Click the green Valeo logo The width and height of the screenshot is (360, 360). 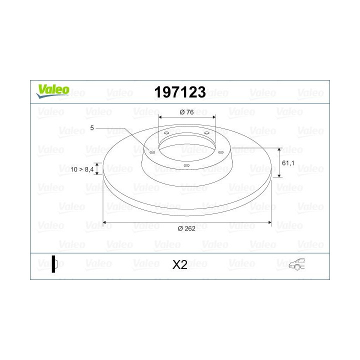(51, 90)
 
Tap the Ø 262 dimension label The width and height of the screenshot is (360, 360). (186, 228)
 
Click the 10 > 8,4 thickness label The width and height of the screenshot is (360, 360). (82, 170)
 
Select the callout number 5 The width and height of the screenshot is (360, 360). (92, 128)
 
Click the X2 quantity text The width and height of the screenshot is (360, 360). (179, 265)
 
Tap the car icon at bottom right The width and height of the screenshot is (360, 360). (295, 265)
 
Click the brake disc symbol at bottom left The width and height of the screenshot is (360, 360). (54, 264)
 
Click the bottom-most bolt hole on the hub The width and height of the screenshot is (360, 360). (185, 165)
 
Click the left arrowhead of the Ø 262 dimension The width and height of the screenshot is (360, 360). (105, 222)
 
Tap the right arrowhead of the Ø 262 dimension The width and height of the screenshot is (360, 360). (269, 222)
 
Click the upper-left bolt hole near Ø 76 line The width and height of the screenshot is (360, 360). (165, 133)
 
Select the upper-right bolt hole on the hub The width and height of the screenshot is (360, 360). (206, 132)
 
